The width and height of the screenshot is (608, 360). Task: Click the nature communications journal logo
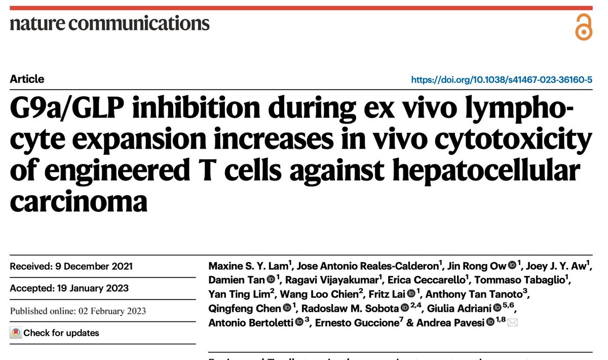[109, 23]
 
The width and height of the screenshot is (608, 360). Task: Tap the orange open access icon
[584, 27]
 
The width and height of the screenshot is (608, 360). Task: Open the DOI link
[502, 80]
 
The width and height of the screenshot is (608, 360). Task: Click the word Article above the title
[27, 79]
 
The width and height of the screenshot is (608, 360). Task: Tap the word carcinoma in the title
[79, 200]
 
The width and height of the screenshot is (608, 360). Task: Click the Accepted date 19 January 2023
[69, 289]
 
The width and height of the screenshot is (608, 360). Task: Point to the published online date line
[78, 311]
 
